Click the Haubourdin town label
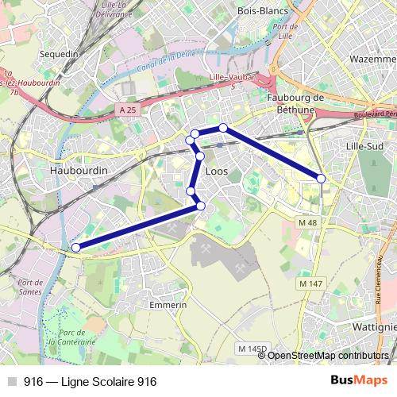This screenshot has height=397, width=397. click(x=78, y=170)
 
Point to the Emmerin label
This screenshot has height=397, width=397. click(x=168, y=304)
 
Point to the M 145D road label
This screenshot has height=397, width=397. click(x=252, y=349)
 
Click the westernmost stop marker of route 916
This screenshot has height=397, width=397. click(x=76, y=248)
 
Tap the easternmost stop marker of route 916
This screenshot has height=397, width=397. click(x=321, y=179)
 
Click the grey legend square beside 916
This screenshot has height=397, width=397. click(x=10, y=382)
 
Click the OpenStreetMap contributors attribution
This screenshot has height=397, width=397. click(x=328, y=355)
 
